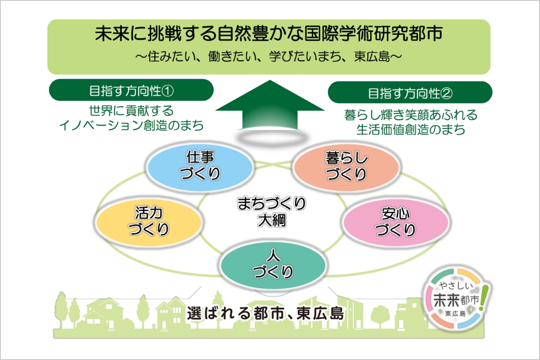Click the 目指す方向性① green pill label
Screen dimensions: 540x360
(x=130, y=90)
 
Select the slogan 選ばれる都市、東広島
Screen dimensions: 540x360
(x=265, y=313)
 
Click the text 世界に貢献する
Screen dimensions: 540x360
(x=131, y=111)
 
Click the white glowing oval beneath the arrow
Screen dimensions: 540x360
(x=269, y=138)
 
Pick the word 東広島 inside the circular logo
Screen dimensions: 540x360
(x=455, y=313)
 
